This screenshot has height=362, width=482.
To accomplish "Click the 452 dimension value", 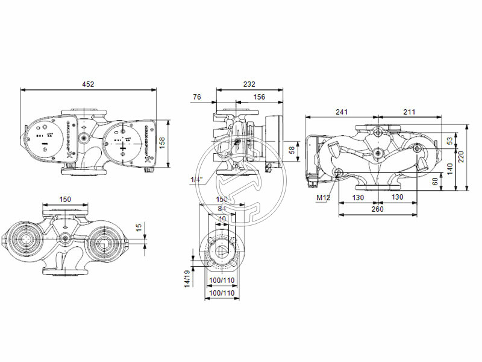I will tap(89, 84).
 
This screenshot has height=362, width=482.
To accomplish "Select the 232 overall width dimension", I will tap(249, 84).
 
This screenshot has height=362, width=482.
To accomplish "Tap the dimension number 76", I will tap(197, 97).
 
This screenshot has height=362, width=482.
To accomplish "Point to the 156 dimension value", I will tap(259, 97).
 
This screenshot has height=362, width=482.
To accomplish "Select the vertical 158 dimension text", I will tap(161, 142).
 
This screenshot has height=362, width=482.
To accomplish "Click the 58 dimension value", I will tap(292, 149).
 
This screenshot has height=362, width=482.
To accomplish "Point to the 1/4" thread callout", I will tap(196, 180).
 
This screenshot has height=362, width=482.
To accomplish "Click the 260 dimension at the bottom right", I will tap(377, 209).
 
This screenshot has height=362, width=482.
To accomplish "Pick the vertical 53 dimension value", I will tap(449, 141).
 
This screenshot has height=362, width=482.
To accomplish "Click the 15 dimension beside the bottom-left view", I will tap(139, 228).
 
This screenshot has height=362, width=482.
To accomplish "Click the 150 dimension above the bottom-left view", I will tap(64, 200).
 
